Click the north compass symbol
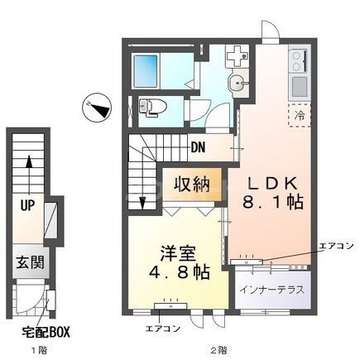96,107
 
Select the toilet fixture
151,106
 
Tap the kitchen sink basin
298,85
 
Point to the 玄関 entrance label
28,265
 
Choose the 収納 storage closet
197,185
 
